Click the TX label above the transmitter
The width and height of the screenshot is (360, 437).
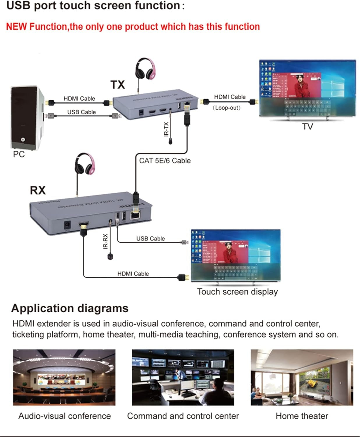[118, 85]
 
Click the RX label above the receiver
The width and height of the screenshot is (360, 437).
[38, 190]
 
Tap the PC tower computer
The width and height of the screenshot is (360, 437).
[27, 118]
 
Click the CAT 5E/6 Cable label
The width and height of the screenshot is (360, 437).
[165, 161]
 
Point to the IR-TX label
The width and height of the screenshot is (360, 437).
[166, 129]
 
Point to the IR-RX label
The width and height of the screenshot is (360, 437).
[105, 241]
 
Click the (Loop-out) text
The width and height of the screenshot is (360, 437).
[227, 108]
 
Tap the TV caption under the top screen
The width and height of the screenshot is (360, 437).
[307, 126]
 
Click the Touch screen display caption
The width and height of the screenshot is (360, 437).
[237, 292]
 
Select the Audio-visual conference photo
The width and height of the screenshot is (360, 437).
[64, 377]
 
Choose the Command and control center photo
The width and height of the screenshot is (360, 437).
[183, 377]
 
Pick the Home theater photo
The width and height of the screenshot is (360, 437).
[302, 377]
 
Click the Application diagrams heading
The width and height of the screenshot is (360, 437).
[70, 308]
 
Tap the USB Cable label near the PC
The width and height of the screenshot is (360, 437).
[81, 112]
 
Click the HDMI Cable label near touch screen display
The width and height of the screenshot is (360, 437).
[133, 274]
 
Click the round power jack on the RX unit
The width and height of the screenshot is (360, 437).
[67, 225]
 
